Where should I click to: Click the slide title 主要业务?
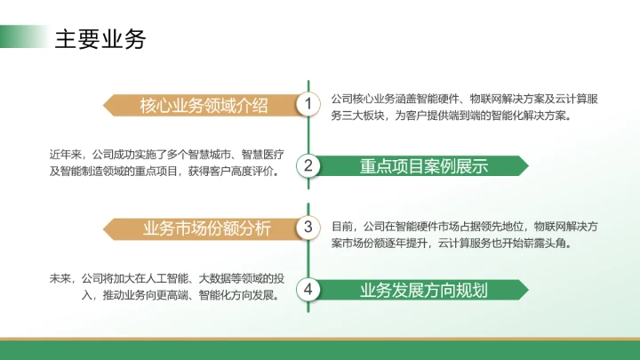tap(100, 39)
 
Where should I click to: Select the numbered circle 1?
tap(308, 105)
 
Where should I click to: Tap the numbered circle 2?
tap(308, 165)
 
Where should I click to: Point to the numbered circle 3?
tap(308, 227)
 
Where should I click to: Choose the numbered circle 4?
tap(308, 289)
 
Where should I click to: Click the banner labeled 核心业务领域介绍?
tap(204, 106)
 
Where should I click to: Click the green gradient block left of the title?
tap(22, 37)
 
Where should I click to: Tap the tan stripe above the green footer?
tap(320, 339)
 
